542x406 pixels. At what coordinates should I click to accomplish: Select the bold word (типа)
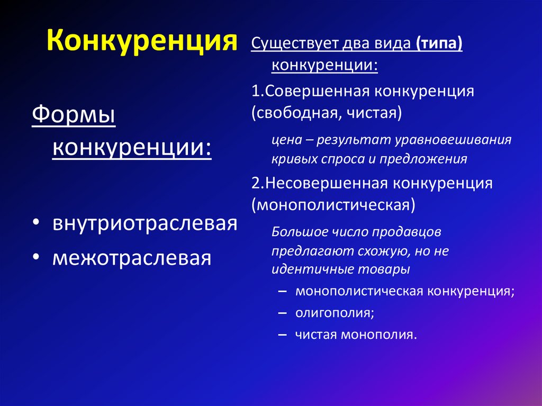click(439, 44)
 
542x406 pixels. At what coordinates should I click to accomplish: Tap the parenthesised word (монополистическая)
click(333, 204)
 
